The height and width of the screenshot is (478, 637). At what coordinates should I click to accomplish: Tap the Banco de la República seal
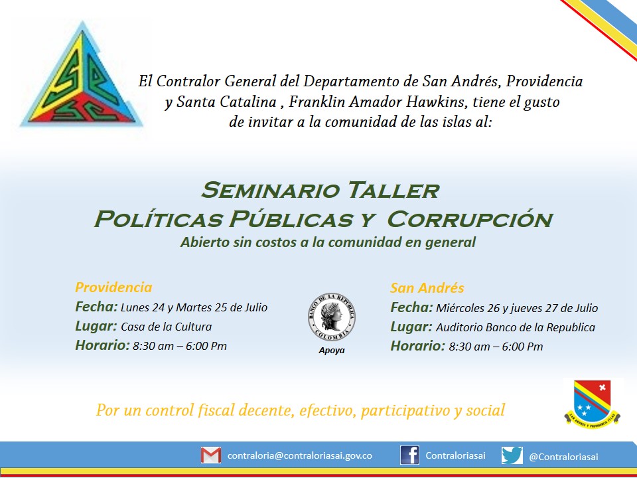click(332, 317)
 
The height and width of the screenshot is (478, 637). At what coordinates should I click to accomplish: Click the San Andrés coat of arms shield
click(593, 403)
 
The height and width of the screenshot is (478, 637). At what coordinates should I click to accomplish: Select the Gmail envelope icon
click(211, 455)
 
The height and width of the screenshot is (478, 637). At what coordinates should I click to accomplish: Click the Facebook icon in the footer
click(409, 455)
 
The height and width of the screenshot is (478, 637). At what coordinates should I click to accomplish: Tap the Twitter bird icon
click(512, 455)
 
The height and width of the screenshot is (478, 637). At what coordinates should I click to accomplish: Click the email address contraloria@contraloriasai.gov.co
click(300, 455)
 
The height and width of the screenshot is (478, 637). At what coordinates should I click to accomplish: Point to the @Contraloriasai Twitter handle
click(563, 457)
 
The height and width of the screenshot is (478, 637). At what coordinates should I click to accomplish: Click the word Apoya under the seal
click(332, 351)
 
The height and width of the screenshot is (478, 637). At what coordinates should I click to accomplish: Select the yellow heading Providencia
click(113, 287)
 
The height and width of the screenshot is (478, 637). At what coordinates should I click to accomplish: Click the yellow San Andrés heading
click(427, 287)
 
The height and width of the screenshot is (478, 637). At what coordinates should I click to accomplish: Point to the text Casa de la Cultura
click(166, 327)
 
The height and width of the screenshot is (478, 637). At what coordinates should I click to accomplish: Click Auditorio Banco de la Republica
click(516, 327)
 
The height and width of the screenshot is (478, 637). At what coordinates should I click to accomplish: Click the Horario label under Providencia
click(102, 345)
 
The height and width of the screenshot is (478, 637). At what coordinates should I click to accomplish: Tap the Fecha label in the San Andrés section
click(411, 307)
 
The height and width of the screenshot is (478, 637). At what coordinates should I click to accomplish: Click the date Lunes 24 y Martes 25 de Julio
click(194, 307)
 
